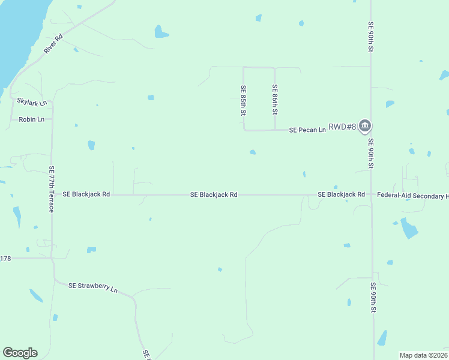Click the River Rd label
(53, 45)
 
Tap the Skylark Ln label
(32, 103)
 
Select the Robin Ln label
(32, 119)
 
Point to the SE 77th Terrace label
(52, 189)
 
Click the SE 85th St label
(243, 100)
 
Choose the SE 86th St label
(274, 100)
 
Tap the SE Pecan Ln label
(307, 129)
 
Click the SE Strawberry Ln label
(93, 287)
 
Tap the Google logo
(20, 353)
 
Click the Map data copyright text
(423, 355)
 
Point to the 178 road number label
(5, 259)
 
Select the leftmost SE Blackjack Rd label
(86, 194)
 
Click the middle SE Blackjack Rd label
(214, 194)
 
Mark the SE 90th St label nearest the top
(370, 37)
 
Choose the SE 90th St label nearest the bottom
(373, 298)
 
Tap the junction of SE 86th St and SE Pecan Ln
(275, 129)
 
